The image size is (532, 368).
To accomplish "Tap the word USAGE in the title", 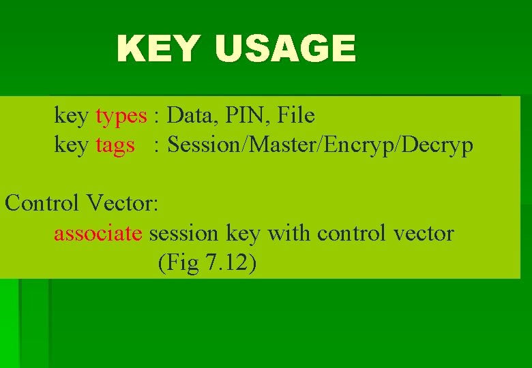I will click(x=285, y=49).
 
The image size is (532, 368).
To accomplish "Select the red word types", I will click(x=121, y=116).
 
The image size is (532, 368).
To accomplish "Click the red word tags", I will click(x=115, y=145).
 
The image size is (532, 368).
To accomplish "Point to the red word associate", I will click(x=98, y=233).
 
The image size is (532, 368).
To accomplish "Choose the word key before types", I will click(x=71, y=116).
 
